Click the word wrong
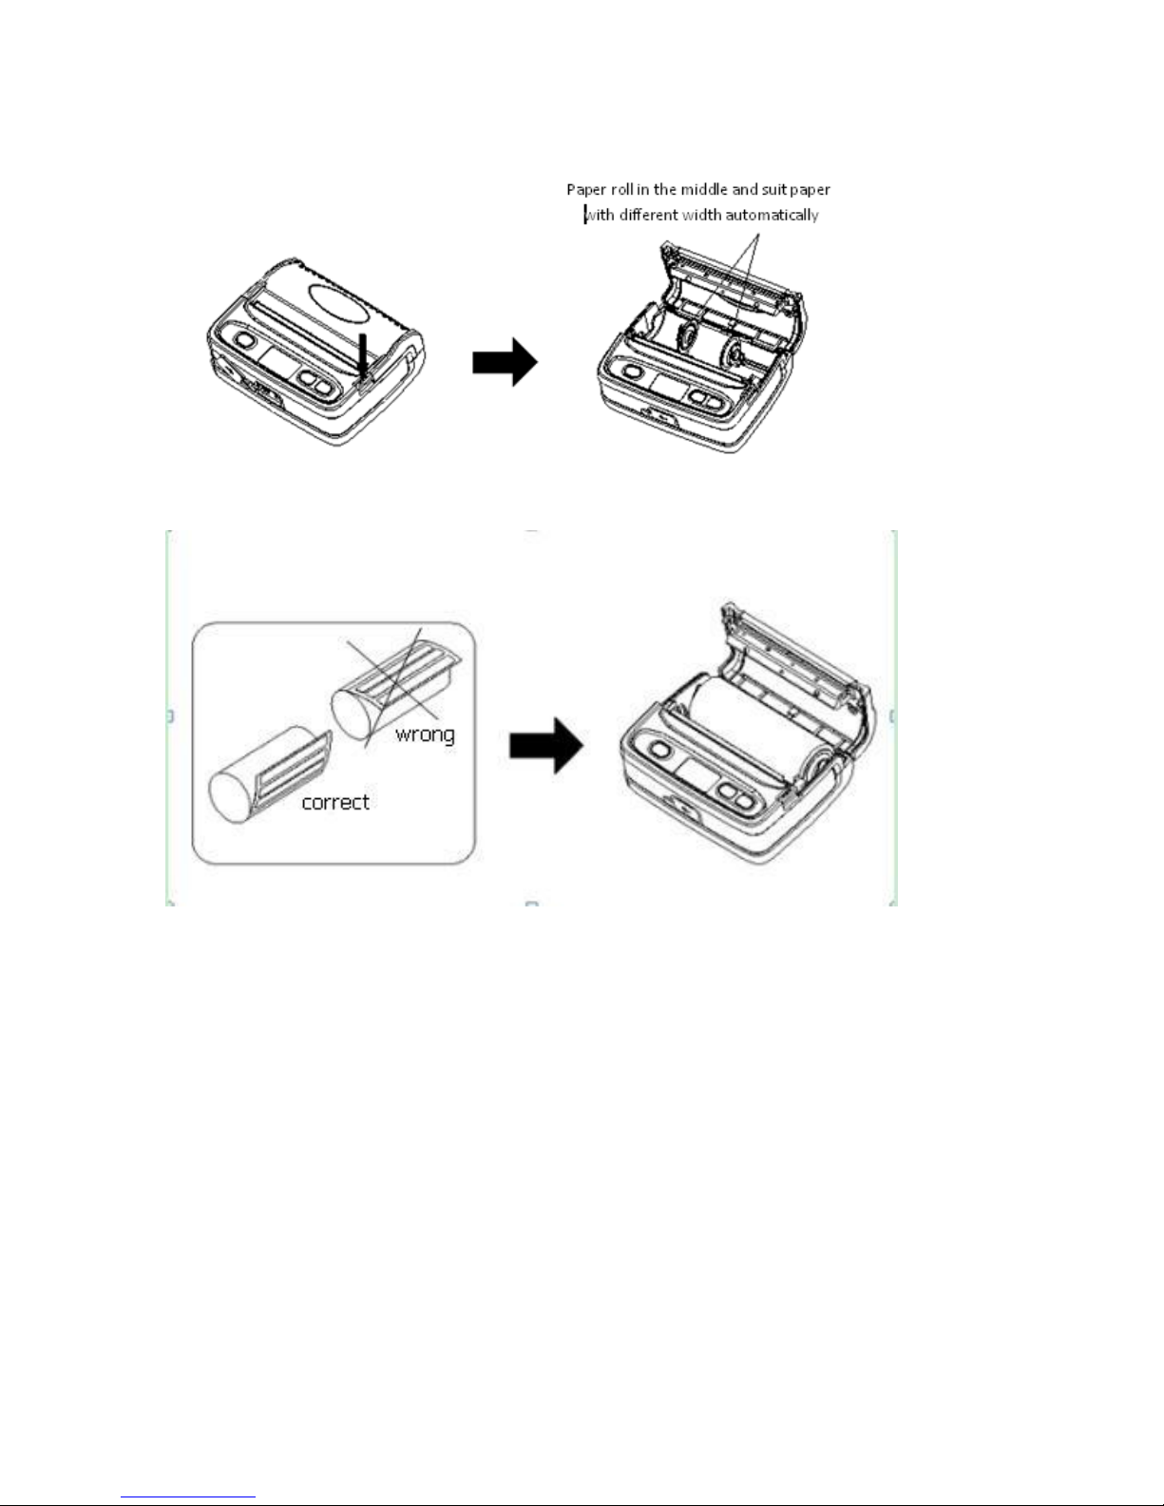[425, 734]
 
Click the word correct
[334, 802]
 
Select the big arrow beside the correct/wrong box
[545, 744]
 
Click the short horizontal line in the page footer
[189, 1497]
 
